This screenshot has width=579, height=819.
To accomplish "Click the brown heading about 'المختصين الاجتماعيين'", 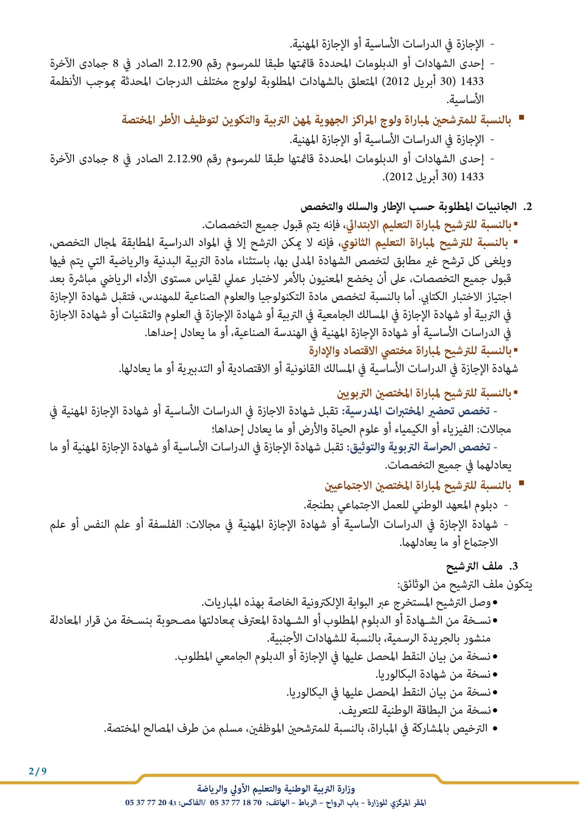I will point(418,486).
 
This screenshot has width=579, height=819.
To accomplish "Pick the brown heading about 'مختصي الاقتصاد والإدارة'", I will point(410,351).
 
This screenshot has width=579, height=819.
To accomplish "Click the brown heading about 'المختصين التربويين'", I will point(424,394).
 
